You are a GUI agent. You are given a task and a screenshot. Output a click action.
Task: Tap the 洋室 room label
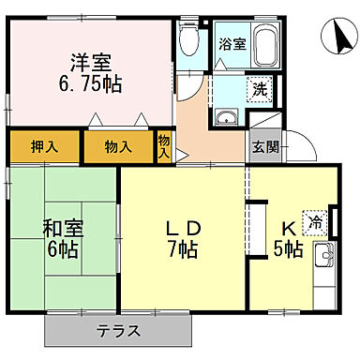point(90,62)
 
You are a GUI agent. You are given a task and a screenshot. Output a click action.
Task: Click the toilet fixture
point(187,40)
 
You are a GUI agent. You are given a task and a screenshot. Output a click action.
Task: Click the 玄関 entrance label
point(261,146)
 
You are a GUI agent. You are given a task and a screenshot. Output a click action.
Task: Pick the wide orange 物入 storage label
point(117,146)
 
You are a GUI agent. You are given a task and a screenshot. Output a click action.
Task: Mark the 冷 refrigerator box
point(316,221)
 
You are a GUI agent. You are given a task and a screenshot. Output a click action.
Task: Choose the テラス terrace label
point(118,330)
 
